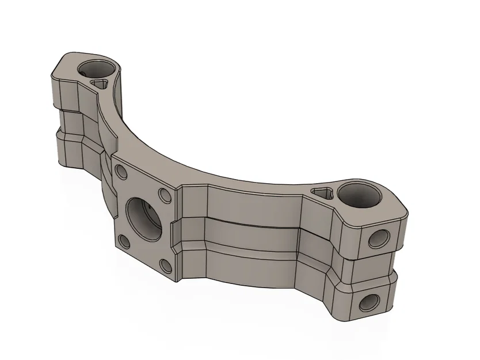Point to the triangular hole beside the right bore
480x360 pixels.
click(324, 192)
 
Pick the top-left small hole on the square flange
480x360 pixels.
click(121, 171)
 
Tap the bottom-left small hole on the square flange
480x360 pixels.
click(121, 240)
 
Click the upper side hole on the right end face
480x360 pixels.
click(378, 237)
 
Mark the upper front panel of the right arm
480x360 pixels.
click(253, 204)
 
